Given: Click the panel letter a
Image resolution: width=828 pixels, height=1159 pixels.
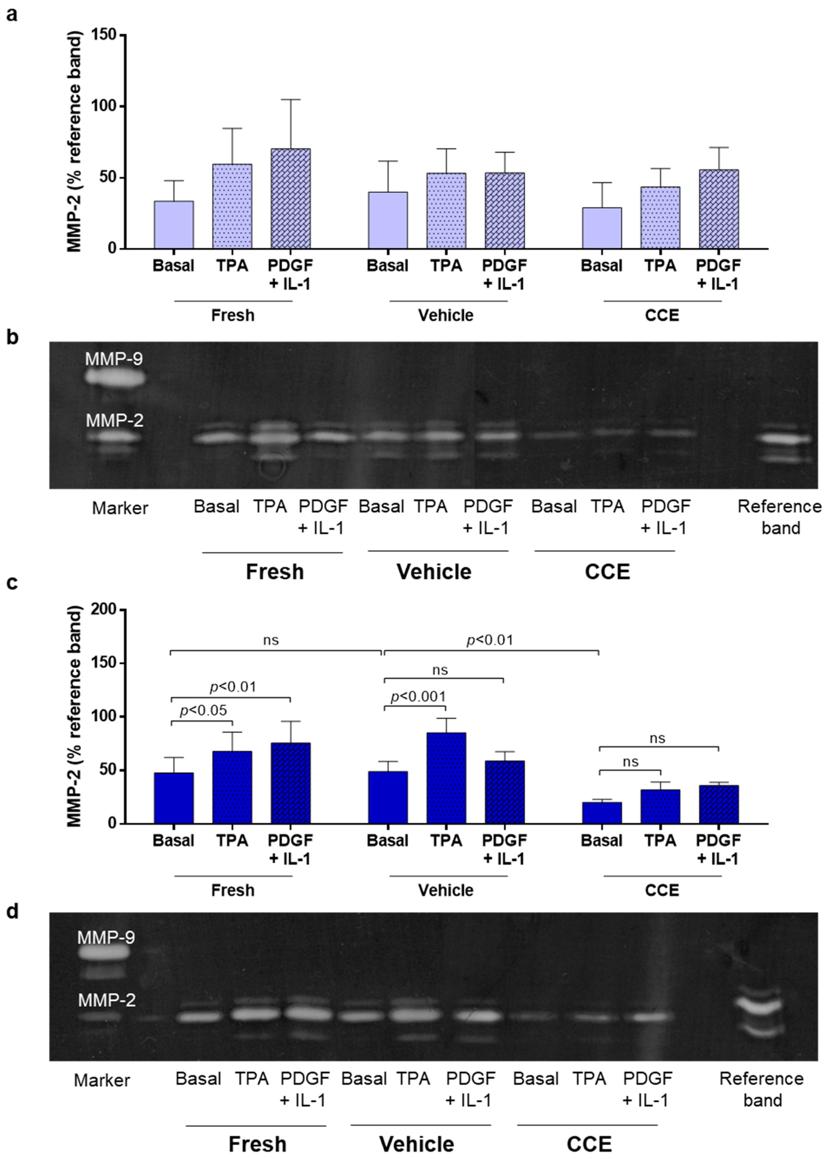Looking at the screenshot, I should pos(11,14).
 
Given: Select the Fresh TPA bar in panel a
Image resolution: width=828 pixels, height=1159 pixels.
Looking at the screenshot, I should pos(232,206).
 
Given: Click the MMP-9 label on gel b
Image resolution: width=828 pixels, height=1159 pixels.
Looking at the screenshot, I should pos(114,359).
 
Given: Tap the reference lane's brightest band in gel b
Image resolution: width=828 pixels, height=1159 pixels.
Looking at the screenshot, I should pos(784,437).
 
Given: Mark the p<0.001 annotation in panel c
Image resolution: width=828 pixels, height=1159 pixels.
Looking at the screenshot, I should pos(418,697).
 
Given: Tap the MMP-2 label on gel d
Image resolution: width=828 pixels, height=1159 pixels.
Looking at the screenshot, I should pos(107,1000).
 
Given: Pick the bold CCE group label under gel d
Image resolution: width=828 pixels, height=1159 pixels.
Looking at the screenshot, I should pos(589,1130).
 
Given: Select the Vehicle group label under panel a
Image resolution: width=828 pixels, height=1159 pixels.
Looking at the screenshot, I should pos(446,315).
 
